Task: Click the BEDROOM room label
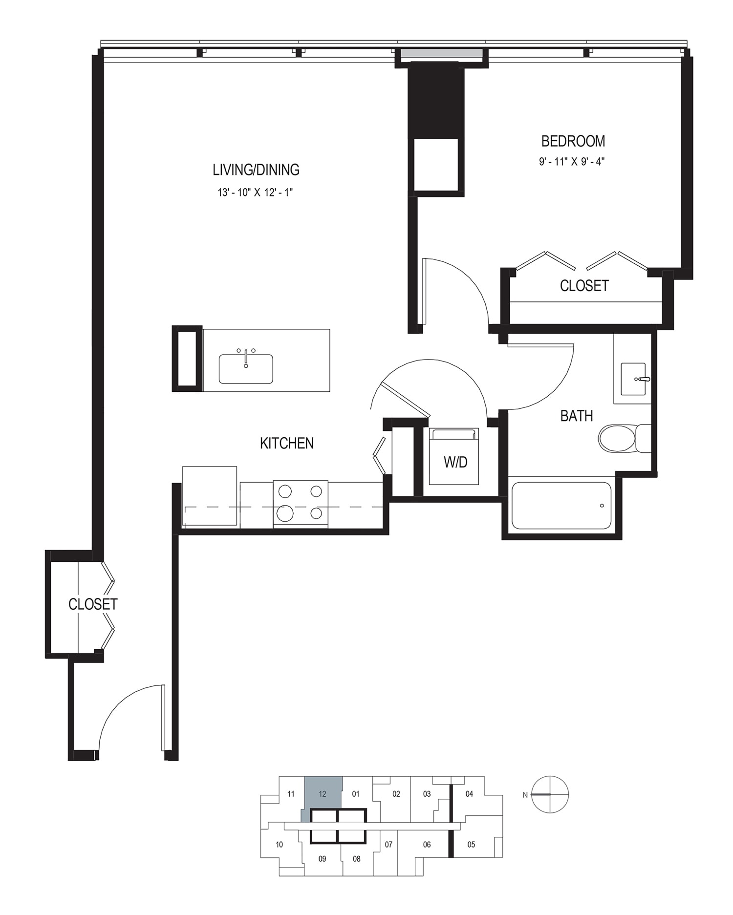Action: (x=573, y=141)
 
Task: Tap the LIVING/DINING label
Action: (x=256, y=170)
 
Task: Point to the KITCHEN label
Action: (x=287, y=443)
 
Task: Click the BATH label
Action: (x=577, y=416)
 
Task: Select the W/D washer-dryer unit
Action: (x=454, y=456)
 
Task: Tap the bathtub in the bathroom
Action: (x=561, y=506)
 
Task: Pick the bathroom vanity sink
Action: (x=633, y=379)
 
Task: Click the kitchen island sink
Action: (x=246, y=368)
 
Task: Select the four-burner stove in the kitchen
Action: (x=301, y=503)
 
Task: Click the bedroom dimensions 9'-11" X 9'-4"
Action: (x=572, y=162)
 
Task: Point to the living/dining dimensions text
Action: (x=255, y=192)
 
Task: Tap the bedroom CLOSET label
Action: (x=584, y=286)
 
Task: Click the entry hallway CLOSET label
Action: (x=93, y=604)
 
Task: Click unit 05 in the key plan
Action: (x=471, y=844)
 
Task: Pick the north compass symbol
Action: (x=550, y=794)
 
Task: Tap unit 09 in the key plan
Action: (x=322, y=858)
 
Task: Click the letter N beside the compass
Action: (x=525, y=795)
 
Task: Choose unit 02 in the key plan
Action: (x=396, y=794)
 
